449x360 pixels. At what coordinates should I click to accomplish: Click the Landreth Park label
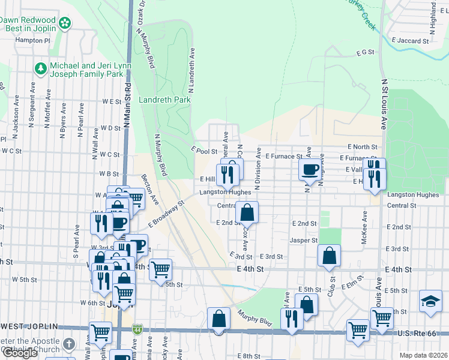point(164,100)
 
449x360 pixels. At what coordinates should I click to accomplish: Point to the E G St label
point(365,53)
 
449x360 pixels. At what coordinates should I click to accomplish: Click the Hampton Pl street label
point(34,40)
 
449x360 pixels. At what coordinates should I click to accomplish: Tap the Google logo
point(20,353)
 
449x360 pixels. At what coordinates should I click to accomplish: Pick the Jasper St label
point(304,240)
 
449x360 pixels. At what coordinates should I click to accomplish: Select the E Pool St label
point(204,151)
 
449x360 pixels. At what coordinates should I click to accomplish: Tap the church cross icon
point(69,344)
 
